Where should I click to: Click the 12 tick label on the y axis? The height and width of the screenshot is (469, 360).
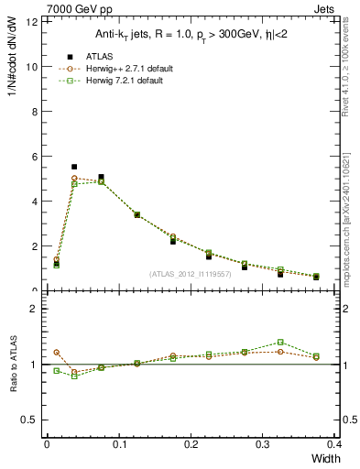(x=33, y=22)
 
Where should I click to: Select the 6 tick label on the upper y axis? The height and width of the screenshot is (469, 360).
(x=36, y=157)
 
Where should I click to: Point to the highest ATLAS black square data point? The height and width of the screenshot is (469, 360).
(x=74, y=167)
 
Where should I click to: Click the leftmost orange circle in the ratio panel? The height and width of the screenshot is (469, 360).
(x=56, y=352)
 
